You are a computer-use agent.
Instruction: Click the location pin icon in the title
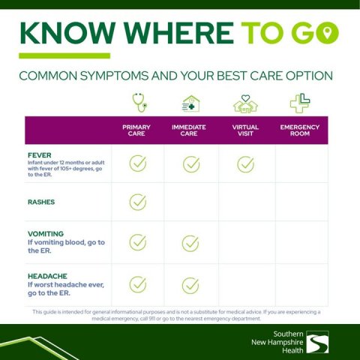(x=328, y=33)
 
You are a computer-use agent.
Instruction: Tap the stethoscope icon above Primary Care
(x=139, y=103)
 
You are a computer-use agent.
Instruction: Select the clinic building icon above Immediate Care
(x=191, y=103)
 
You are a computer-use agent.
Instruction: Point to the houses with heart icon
(x=245, y=103)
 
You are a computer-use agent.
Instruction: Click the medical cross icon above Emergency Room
(x=300, y=103)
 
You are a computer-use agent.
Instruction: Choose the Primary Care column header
(x=136, y=130)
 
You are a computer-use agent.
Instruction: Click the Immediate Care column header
(x=189, y=130)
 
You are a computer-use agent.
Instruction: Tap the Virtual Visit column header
(x=245, y=130)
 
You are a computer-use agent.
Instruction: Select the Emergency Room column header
(x=300, y=130)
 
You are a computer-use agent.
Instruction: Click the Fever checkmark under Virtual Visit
(x=245, y=164)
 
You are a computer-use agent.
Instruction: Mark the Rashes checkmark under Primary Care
(x=138, y=202)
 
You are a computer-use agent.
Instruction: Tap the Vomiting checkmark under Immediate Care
(x=190, y=243)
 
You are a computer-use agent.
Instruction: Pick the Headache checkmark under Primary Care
(x=138, y=284)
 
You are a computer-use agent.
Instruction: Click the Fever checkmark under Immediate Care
(x=191, y=164)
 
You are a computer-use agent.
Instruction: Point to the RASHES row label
(x=41, y=202)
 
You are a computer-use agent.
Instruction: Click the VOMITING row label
(x=46, y=234)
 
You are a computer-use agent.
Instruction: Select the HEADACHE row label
(x=47, y=276)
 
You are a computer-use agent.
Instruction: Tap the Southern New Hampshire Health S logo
(x=317, y=342)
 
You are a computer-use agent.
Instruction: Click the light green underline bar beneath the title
(x=64, y=55)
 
